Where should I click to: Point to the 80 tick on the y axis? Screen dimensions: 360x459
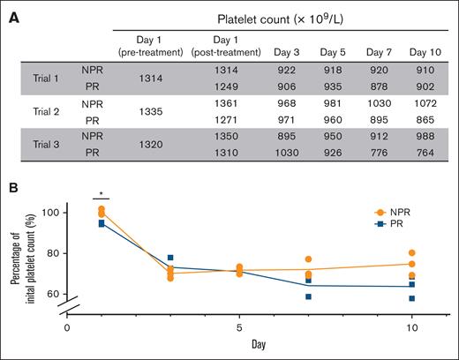tap(55, 253)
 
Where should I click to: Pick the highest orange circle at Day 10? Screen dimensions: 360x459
tap(412, 252)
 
